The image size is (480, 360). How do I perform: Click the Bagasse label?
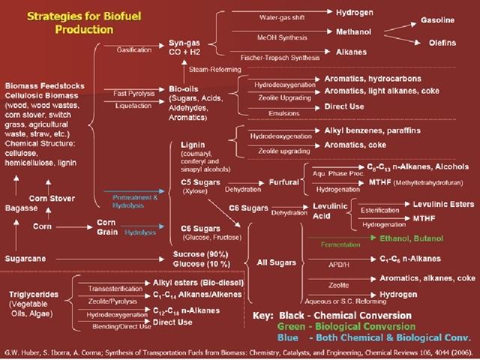point(22,207)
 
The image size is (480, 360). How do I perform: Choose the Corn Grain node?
point(109,227)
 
